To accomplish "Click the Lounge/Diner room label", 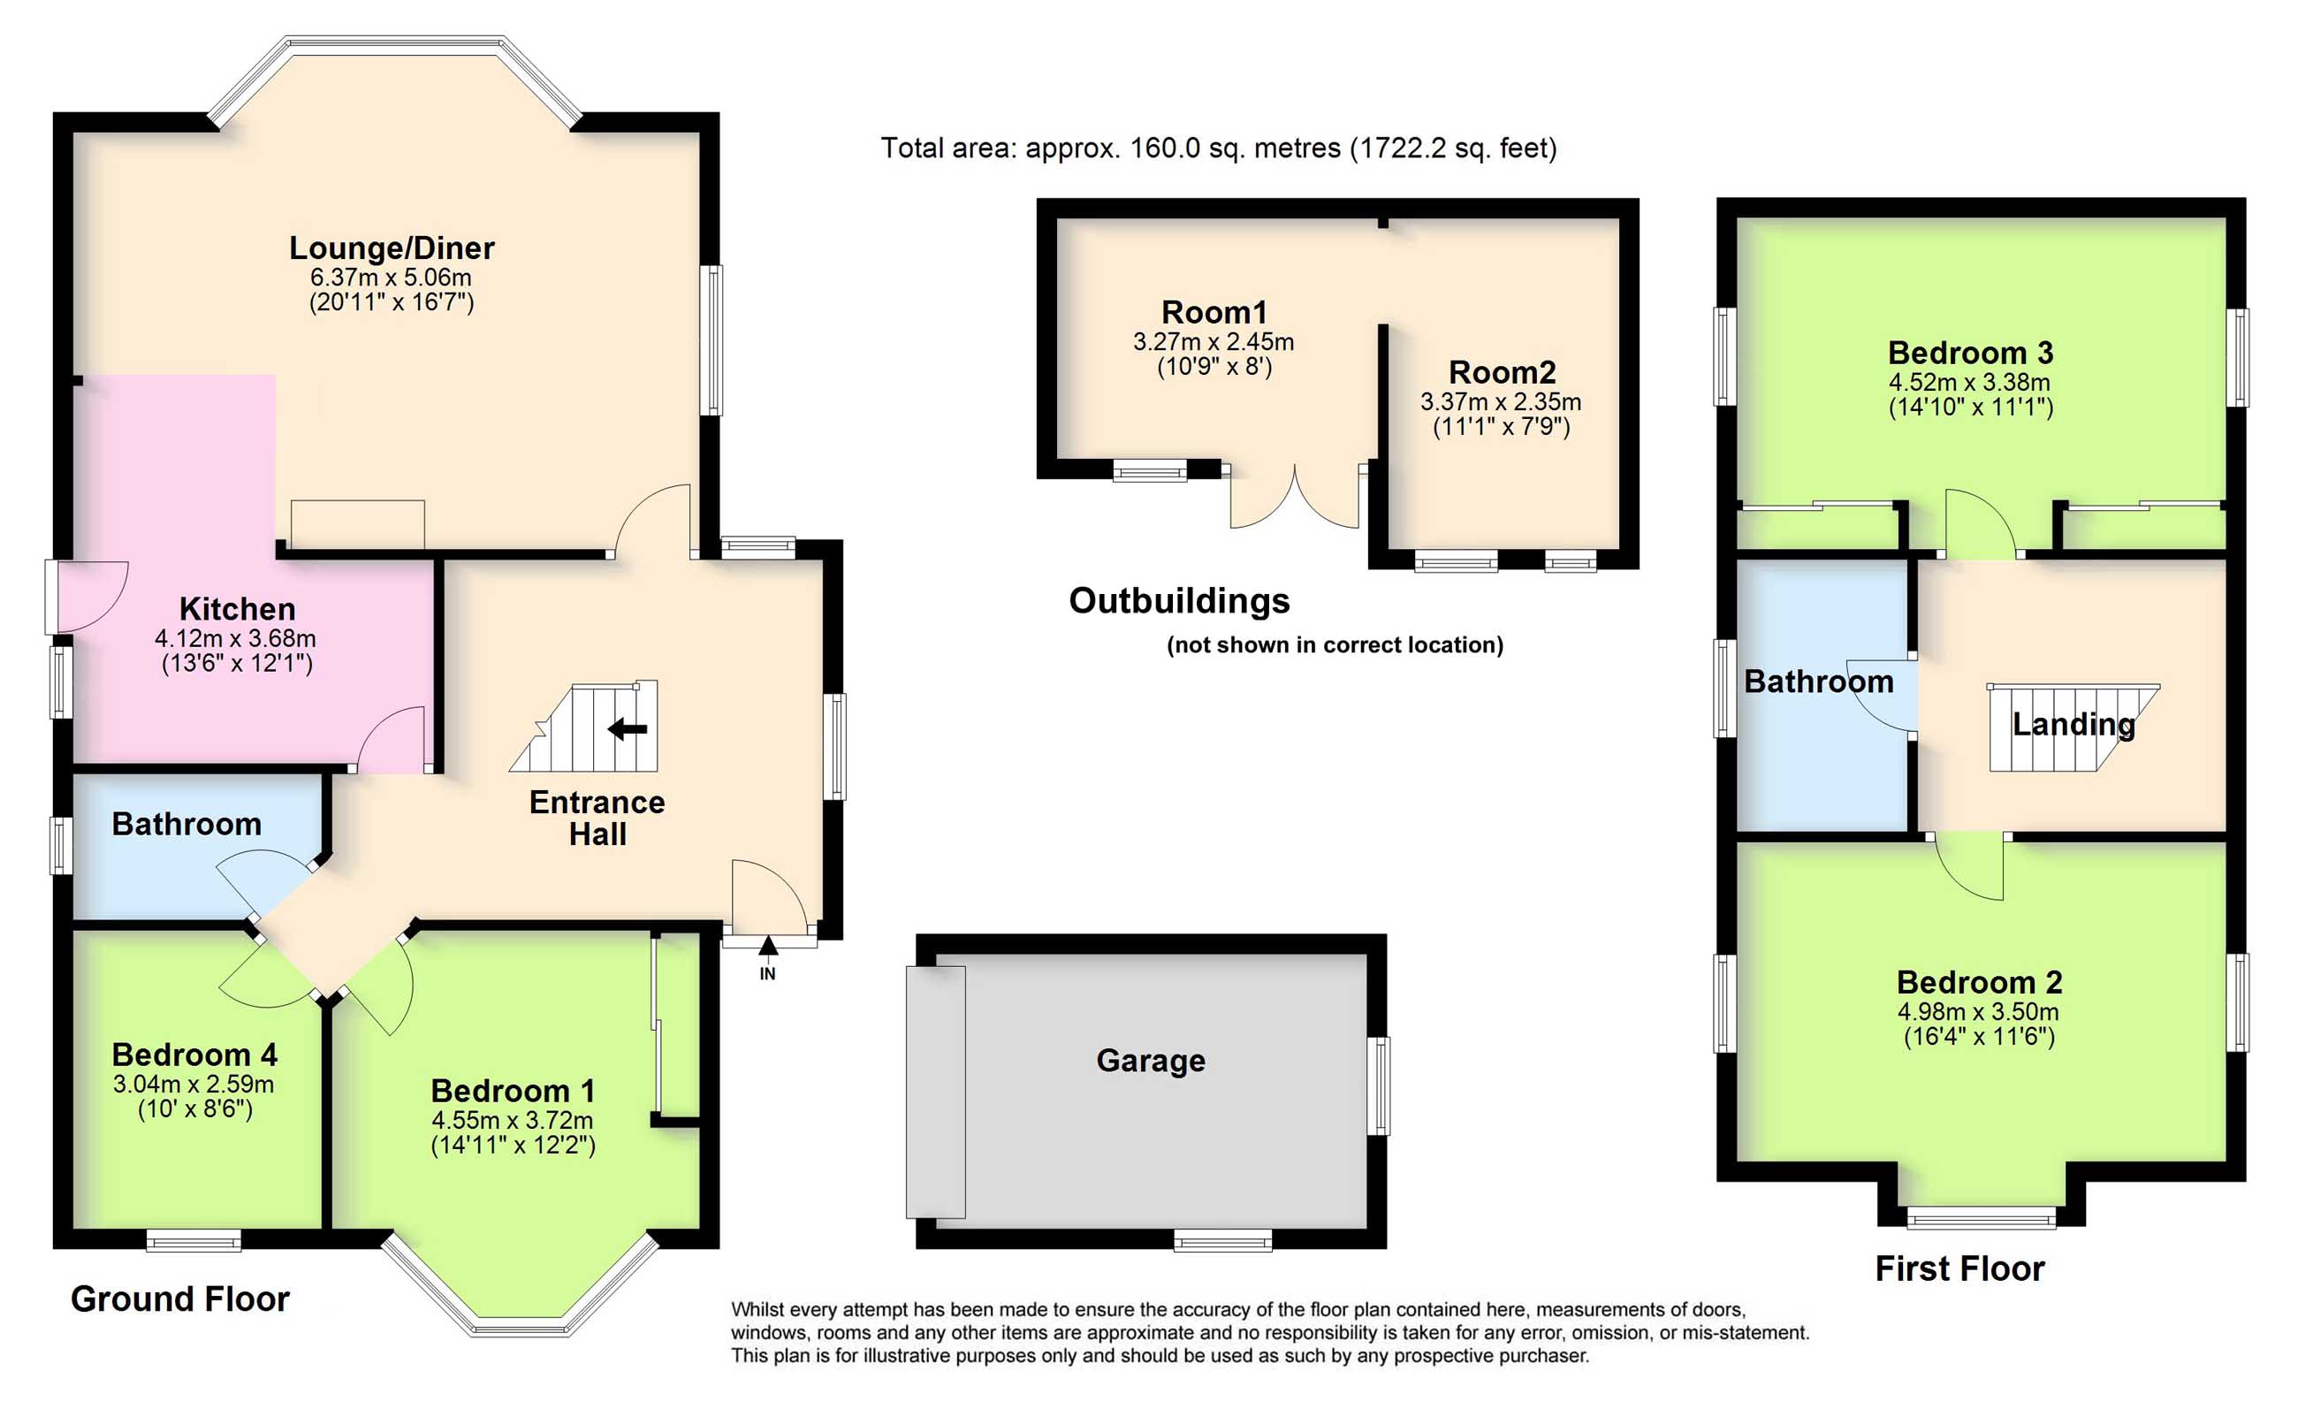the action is [392, 247].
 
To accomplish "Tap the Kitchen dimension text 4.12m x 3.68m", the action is [235, 638].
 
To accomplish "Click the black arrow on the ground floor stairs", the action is [627, 728].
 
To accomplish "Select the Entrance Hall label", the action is [597, 818].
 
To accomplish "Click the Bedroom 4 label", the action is [194, 1054].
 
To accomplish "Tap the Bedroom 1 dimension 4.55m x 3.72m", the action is [512, 1121].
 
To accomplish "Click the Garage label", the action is [1151, 1061].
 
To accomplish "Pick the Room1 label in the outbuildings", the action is [1214, 312].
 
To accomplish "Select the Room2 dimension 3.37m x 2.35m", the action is [1501, 402].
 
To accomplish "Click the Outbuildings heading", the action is [1179, 601].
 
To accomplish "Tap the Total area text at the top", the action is [1218, 148].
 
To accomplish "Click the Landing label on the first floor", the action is [2074, 724].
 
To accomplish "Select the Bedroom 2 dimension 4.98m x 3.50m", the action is [1978, 1012].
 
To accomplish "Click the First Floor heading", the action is [1959, 1268].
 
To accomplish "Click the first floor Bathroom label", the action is [1818, 681].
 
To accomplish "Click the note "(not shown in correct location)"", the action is [1334, 645].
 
